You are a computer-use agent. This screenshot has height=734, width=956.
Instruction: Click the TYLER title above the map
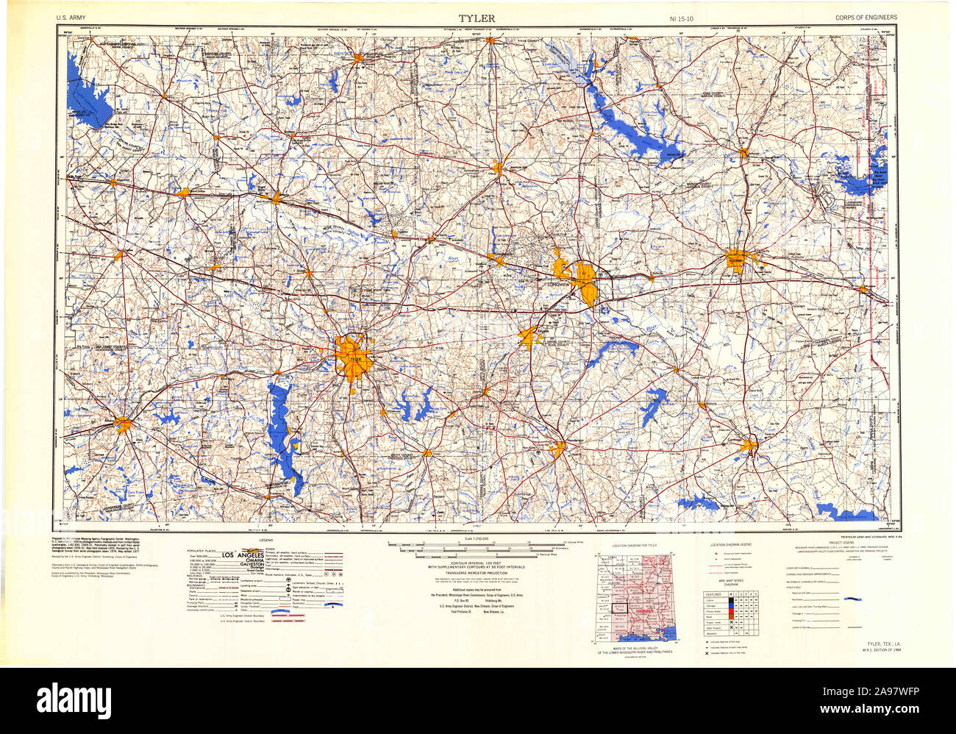477,17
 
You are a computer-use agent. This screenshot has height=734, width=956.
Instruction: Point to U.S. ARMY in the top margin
70,17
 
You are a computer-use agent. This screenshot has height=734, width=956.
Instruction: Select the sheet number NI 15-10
682,17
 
